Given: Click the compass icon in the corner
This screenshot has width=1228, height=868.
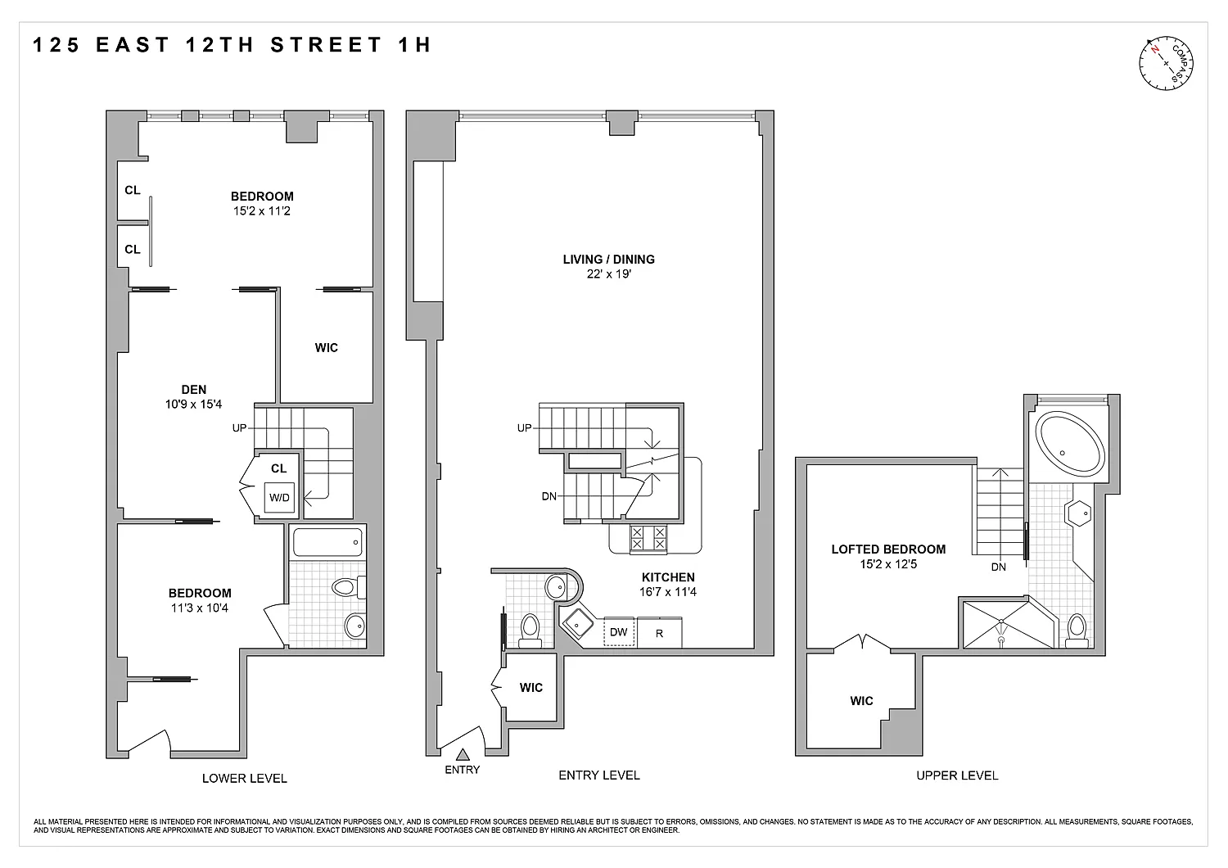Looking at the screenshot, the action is (1166, 63).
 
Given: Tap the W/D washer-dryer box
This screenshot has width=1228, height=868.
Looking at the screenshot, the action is (279, 497).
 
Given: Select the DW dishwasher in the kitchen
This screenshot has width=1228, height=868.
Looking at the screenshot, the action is (619, 631).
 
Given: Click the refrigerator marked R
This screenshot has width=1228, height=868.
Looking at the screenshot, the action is (660, 633).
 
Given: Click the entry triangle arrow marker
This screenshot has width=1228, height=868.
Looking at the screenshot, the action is (463, 754).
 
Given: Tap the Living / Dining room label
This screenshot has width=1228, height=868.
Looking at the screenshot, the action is (608, 260).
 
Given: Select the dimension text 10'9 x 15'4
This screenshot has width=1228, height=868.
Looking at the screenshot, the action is (193, 405).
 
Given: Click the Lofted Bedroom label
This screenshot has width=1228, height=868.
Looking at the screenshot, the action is (888, 549).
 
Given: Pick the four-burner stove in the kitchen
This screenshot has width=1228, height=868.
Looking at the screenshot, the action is (648, 538).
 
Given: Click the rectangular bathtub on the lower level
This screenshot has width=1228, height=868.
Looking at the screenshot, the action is (327, 542).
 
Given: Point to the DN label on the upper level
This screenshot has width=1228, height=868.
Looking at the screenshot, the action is (998, 567).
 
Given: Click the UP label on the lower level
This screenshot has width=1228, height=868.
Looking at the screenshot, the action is (240, 427).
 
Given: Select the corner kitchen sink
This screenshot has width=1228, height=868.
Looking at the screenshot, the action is (576, 623).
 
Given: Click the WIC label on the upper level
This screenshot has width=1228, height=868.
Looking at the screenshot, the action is (861, 700).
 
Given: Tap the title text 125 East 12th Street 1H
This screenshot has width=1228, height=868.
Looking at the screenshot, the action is (233, 44).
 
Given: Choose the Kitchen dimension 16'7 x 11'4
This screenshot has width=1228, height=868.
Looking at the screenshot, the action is (668, 592).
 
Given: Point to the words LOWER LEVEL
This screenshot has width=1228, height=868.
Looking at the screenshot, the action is (245, 778).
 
